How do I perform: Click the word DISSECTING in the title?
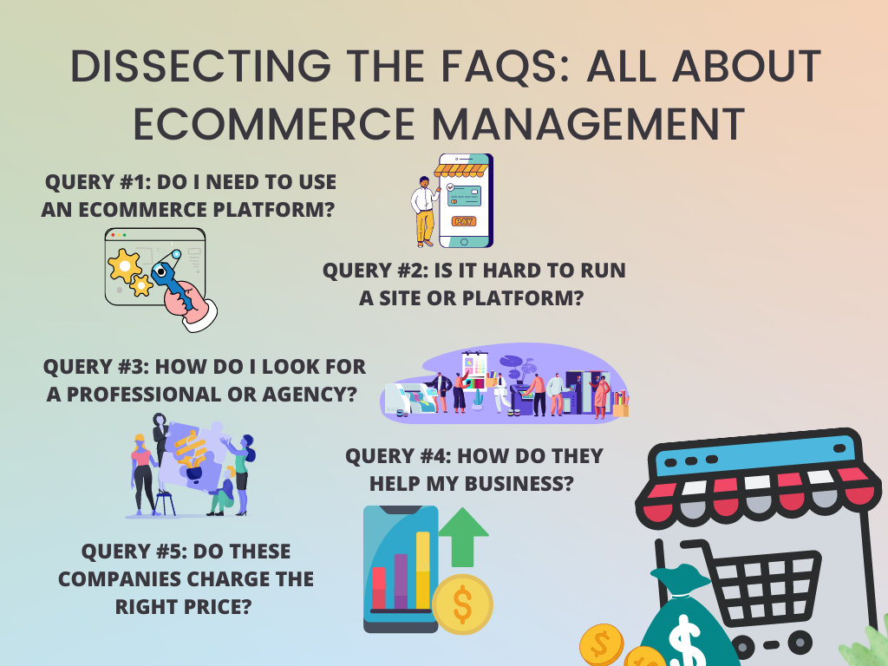click(x=200, y=66)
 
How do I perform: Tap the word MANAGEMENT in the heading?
click(x=589, y=124)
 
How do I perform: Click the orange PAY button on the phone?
click(x=464, y=221)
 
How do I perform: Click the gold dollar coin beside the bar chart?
click(x=462, y=604)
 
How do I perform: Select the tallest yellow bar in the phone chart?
click(x=423, y=570)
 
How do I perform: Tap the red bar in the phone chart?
click(x=379, y=588)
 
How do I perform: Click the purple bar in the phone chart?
click(x=401, y=581)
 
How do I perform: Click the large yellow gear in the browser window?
click(x=124, y=265)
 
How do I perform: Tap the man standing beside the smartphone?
click(x=425, y=212)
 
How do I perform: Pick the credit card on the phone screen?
click(x=464, y=196)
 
